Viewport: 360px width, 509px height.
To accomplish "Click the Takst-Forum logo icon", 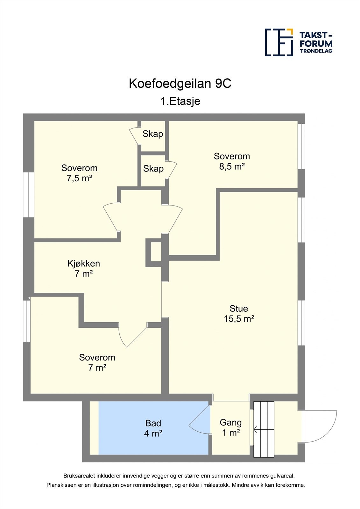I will pos(279,42).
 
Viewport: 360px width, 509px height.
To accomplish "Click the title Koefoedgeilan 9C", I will pos(180,84).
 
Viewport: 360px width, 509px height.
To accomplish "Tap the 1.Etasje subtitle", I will pos(180,101).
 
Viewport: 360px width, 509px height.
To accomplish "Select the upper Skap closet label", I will pos(153,134).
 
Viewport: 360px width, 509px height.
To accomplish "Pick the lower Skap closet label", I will pos(153,169).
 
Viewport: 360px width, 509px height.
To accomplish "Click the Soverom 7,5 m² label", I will pos(79,173).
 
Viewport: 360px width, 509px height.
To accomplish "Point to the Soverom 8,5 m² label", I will pos(232,161).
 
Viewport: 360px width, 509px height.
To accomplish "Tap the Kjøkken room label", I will pos(84,268).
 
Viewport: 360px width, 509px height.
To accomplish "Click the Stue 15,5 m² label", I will pos(239,313).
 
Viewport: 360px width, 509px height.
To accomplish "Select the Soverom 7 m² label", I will pos(97,362).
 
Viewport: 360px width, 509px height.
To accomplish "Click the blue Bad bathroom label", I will pos(153,428).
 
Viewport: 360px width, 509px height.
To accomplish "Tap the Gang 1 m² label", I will pos(231,427).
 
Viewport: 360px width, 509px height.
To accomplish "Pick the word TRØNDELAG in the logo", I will pos(316,51).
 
